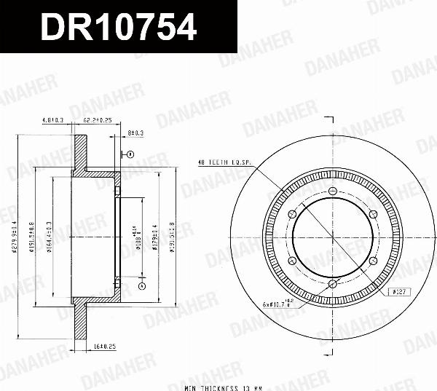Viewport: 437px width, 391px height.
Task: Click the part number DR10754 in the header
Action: [119, 27]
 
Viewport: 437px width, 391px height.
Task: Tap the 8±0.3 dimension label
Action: [135, 133]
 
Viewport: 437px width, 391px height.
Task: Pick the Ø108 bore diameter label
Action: [138, 237]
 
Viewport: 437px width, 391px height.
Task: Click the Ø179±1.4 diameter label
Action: [155, 237]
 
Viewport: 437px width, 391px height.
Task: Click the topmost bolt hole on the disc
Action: [332, 193]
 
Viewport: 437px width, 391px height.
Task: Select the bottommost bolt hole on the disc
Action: [332, 283]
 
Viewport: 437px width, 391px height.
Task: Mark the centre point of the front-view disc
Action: [332, 238]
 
